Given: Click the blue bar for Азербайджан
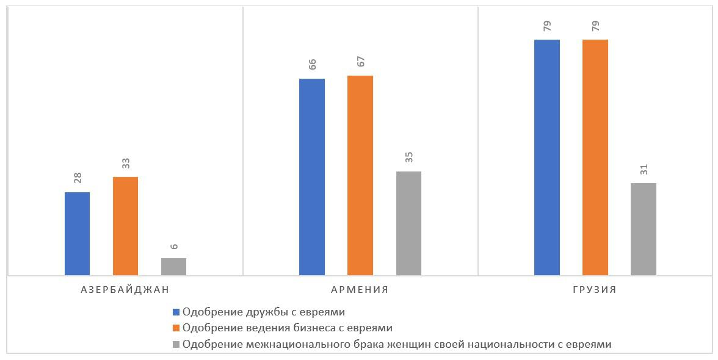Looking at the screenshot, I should [77, 233].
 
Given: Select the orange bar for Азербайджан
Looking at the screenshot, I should [125, 226].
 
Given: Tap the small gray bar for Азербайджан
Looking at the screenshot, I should [173, 267].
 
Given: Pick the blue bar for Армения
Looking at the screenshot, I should [312, 177].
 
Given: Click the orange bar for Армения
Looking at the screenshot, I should [360, 175].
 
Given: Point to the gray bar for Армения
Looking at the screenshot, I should [408, 223].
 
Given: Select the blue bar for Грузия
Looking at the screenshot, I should [547, 157].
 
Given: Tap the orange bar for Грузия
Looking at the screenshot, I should [595, 157].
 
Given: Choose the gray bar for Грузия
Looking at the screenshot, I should [644, 229].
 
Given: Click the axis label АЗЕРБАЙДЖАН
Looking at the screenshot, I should [125, 290].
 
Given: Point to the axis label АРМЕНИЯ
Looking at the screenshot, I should [360, 290].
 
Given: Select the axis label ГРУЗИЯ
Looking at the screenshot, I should [595, 290].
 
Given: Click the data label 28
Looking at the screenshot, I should [78, 178].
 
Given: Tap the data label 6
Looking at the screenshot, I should [174, 247].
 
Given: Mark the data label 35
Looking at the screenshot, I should [409, 157].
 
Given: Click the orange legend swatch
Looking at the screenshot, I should [176, 328].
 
